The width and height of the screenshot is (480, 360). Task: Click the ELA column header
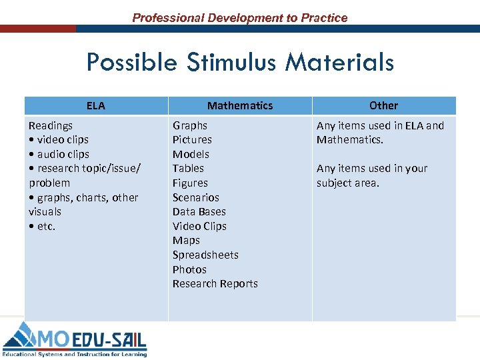pos(95,105)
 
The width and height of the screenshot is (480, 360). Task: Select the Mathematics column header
pos(240,105)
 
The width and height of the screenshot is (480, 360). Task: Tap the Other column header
pos(383,105)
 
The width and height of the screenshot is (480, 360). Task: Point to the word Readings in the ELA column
pos(51,125)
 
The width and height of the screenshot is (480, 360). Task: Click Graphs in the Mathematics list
pos(190,125)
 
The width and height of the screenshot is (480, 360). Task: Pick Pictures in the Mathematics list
pos(192,140)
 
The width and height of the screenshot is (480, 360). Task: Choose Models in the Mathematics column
pos(191,154)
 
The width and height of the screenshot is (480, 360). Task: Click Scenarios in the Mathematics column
pos(195,197)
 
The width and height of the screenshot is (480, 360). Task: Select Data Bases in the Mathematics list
pos(199,212)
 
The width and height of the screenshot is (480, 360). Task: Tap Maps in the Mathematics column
pos(186,241)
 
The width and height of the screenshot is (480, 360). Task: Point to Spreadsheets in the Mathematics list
pos(205,255)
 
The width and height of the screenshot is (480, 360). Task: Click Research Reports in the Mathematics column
pos(215,284)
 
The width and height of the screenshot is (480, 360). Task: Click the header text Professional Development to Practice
pos(240,18)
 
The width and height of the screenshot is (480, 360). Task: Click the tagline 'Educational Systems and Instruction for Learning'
pos(75,354)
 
